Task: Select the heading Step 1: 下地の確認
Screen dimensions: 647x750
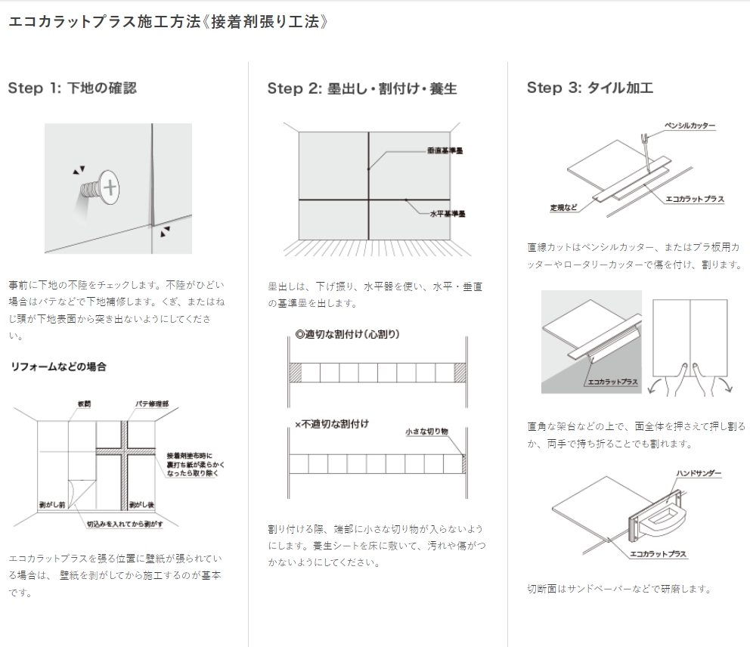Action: click(x=72, y=88)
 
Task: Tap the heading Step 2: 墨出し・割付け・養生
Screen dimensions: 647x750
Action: click(x=362, y=89)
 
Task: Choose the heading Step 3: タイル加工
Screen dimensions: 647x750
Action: click(x=590, y=88)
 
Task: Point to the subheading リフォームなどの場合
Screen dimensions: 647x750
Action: click(x=57, y=367)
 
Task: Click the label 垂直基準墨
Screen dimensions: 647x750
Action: click(x=445, y=151)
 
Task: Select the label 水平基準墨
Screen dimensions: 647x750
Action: click(x=448, y=214)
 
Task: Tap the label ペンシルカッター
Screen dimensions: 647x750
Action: click(x=689, y=125)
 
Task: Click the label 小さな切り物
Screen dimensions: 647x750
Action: click(x=426, y=432)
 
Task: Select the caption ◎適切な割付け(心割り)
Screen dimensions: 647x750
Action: click(x=347, y=334)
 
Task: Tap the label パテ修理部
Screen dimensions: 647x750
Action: click(x=153, y=404)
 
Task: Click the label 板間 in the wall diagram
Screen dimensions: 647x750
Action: click(x=84, y=404)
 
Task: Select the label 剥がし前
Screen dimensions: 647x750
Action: click(x=52, y=503)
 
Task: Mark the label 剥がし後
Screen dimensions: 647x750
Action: click(x=141, y=503)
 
